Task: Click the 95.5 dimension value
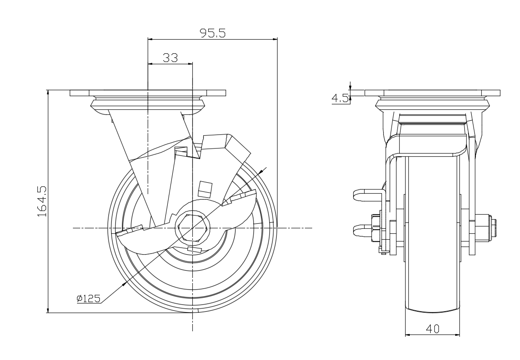coord(213,33)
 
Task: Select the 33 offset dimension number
coord(170,57)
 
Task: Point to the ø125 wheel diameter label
coord(88,299)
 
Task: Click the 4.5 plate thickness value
coord(340,98)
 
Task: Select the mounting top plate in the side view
coord(148,93)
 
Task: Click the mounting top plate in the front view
coord(432,93)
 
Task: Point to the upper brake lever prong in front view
coord(364,195)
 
